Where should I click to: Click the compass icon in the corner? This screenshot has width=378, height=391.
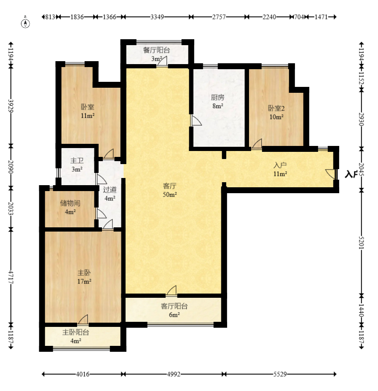25,22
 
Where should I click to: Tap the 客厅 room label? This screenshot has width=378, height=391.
170,186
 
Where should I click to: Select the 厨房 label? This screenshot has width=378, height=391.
217,97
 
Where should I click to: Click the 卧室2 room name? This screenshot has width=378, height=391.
276,108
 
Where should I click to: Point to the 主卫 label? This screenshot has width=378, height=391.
77,161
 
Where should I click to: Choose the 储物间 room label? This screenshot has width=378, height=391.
70,203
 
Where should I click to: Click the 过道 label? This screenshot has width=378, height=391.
110,190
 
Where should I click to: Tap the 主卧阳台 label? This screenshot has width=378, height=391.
76,332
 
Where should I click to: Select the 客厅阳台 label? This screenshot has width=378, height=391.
174,306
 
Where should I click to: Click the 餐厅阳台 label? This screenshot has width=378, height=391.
156,50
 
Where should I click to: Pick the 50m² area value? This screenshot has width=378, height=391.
170,194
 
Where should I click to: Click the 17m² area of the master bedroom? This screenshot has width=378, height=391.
84,281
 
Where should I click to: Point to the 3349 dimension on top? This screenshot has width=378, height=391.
157,17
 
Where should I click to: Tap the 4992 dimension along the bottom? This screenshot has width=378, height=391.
174,374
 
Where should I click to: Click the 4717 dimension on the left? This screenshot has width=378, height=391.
11,277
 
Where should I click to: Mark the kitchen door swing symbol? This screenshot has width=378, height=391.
196,120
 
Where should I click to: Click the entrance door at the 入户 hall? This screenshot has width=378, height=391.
331,174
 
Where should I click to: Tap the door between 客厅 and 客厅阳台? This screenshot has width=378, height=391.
172,291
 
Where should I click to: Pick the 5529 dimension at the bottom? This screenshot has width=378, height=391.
280,374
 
